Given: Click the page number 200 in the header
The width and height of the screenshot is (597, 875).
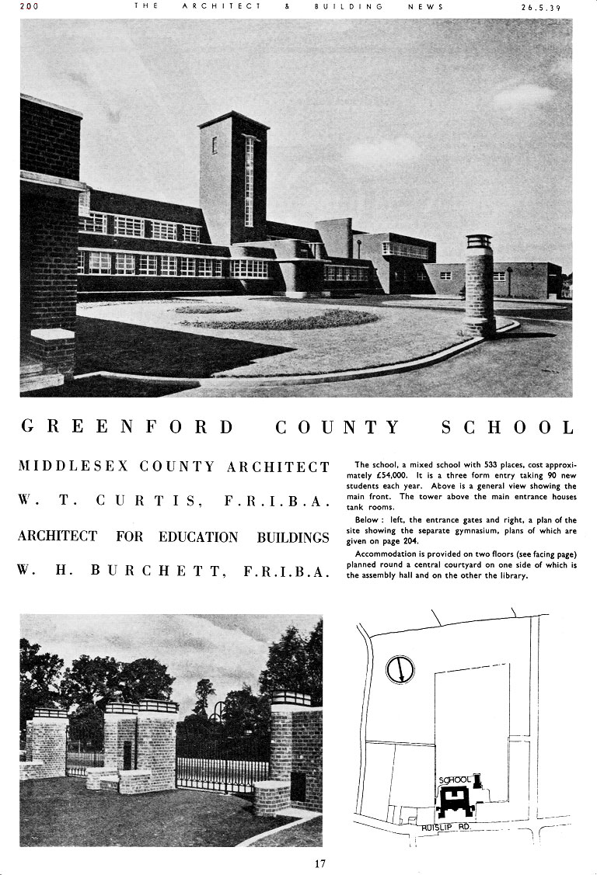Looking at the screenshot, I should pos(30,6).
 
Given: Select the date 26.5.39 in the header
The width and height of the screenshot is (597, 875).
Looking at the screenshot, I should pos(540,7).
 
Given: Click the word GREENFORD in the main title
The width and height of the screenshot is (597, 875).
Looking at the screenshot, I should pos(127,427).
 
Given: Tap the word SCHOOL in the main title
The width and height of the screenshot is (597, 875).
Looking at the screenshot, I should pos(507,427).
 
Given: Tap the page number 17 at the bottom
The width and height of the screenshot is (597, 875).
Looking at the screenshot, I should pos(319,863).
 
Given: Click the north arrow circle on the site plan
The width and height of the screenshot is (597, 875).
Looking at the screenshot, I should pos(400,668).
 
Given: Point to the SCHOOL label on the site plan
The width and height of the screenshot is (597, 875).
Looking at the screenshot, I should pos(455,780).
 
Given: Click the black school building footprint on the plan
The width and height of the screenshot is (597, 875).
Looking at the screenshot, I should pos(456,800).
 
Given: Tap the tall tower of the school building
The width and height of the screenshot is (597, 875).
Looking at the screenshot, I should pos(233,179).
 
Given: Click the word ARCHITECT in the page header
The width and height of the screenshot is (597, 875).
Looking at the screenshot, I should pos(222,6).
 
